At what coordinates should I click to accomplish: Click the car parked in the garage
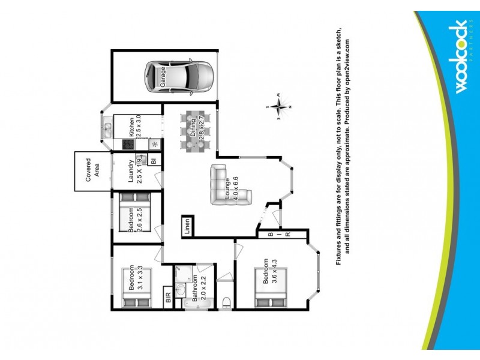178,77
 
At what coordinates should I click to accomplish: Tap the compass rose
278,107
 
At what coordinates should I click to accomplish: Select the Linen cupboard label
187,227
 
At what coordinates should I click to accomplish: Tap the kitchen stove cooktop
128,144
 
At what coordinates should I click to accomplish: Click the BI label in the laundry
154,161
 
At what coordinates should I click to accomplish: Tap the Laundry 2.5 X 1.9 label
134,170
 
